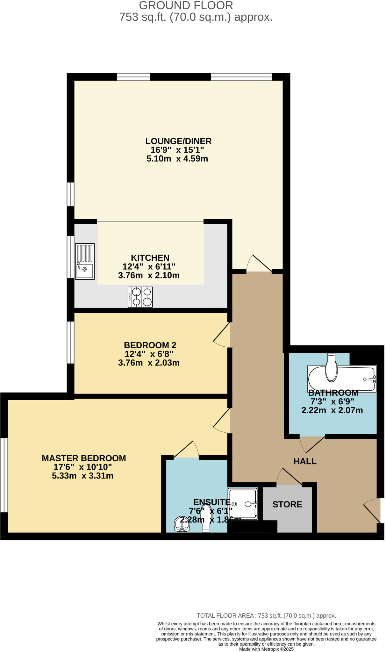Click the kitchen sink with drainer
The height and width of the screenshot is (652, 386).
(85, 261)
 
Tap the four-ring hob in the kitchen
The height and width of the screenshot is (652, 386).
(140, 297)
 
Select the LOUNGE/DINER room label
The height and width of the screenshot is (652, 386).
(178, 141)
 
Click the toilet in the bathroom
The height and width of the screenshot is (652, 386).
(332, 369)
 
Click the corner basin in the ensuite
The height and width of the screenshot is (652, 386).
(182, 524)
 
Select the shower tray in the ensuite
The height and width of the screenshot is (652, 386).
(243, 504)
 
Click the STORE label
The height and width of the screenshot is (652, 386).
(287, 504)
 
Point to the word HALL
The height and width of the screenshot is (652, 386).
(305, 461)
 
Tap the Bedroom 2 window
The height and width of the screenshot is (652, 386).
(70, 343)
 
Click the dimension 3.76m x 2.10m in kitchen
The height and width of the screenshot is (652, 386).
(149, 275)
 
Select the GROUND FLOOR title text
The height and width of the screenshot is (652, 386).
(186, 5)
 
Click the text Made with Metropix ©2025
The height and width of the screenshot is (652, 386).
(266, 649)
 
